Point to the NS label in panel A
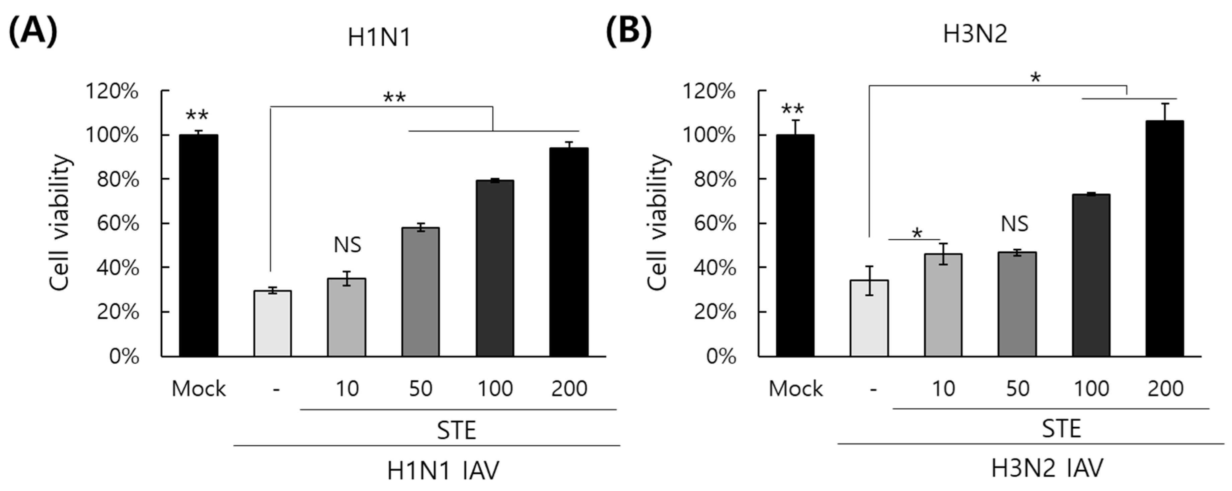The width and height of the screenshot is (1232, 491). point(347,245)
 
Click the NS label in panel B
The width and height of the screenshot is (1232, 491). point(1014,224)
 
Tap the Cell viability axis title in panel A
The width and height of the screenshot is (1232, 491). point(61,223)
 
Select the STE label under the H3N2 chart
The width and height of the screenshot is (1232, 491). point(1061,429)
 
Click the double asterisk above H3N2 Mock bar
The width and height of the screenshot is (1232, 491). point(792,110)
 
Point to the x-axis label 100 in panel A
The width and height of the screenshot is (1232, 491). point(495,388)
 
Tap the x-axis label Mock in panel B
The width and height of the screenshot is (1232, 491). point(795,388)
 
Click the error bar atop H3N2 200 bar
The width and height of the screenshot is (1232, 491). point(1165,112)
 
